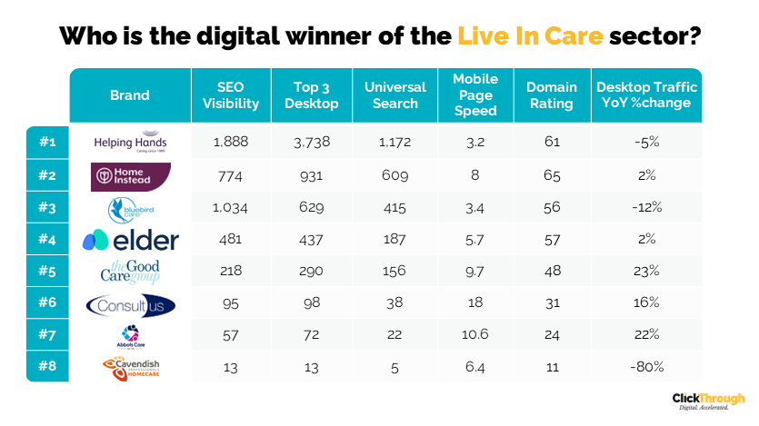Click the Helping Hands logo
point(130,143)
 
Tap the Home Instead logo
point(130,174)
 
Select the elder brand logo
point(130,241)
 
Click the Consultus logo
point(130,304)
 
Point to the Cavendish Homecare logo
point(130,367)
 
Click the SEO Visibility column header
point(231,95)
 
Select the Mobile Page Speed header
point(474,95)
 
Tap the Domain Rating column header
point(552,95)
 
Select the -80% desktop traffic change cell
point(646,367)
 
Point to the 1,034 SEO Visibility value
point(231,208)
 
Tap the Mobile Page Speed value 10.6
point(474,335)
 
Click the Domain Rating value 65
point(552,175)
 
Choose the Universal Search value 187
point(395,241)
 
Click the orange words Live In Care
point(531,36)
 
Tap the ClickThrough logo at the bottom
point(708,401)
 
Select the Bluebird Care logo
point(130,208)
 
